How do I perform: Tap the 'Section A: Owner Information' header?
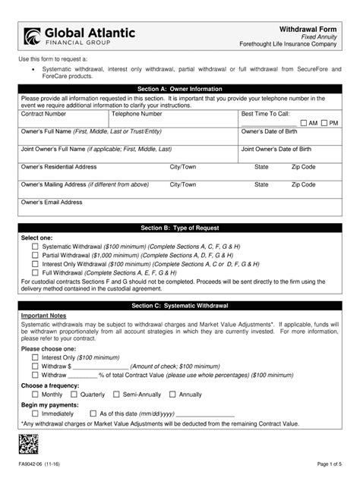179,89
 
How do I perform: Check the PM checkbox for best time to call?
324,123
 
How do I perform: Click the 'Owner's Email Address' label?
52,203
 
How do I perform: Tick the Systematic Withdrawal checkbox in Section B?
35,247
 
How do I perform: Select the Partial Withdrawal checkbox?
35,256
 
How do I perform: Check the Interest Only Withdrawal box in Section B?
35,265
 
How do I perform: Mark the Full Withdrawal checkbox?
35,273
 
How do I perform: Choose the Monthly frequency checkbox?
35,395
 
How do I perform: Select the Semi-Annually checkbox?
116,395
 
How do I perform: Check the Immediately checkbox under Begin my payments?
35,414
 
